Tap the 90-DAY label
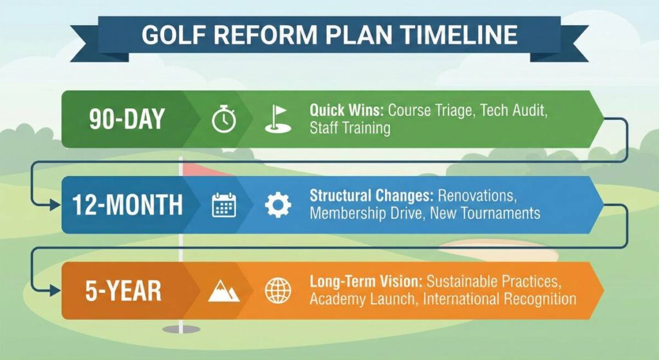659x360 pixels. point(127,119)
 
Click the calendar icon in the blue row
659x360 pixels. point(224,205)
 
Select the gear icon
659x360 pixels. point(278,205)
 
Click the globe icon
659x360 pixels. point(278,291)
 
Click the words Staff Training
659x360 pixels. point(349,128)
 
